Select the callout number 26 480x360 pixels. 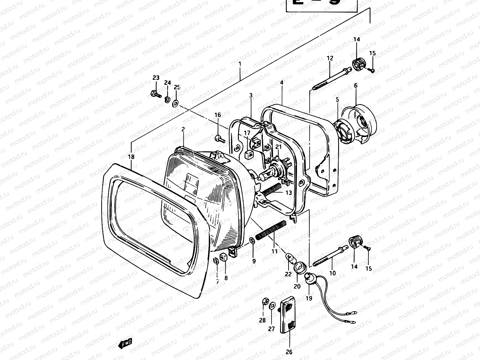pos(289,352)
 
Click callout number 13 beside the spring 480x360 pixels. pos(288,193)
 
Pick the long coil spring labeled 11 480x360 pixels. pos(270,230)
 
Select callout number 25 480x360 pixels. pos(177,87)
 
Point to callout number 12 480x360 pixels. pos(330,58)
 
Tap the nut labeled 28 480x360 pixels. pos(265,302)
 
